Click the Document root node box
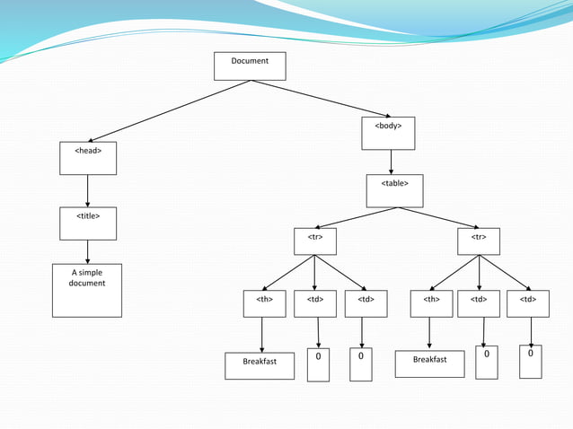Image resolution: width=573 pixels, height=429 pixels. (250, 66)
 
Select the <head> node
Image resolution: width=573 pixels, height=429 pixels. (88, 158)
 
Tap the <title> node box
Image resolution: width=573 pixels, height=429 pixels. (88, 223)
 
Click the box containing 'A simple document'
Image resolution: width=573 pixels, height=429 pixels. (87, 290)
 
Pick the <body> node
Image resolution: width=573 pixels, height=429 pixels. (389, 133)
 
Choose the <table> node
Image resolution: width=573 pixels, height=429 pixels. (395, 190)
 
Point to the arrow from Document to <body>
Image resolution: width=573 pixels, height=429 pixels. (320, 99)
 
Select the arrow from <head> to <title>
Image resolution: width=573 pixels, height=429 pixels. (87, 190)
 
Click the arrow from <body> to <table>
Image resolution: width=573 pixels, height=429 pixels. (392, 162)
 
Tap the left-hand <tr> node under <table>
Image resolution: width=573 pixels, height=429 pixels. (315, 241)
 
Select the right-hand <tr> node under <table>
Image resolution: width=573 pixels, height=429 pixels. (479, 241)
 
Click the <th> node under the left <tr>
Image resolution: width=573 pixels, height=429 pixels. (265, 305)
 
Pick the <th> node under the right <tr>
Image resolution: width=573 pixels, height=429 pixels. (432, 305)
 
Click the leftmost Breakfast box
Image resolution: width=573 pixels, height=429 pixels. (260, 365)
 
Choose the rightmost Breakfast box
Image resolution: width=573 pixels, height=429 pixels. (429, 363)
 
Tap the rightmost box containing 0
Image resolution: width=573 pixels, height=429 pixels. (531, 361)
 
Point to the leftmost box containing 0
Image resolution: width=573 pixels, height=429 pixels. (318, 365)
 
